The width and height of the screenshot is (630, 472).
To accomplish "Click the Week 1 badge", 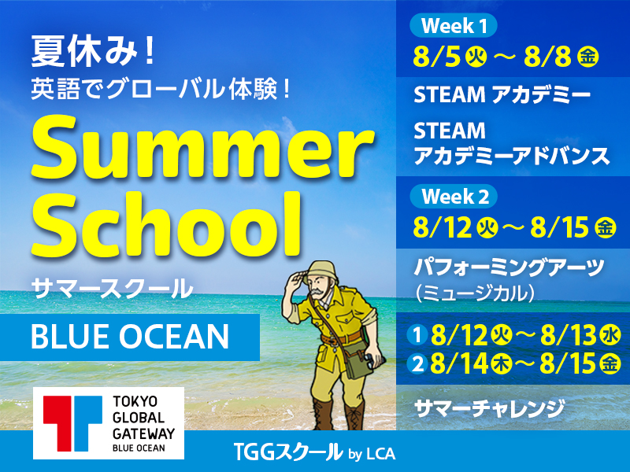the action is pyautogui.click(x=454, y=26).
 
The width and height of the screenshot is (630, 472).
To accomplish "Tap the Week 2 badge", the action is pyautogui.click(x=454, y=197).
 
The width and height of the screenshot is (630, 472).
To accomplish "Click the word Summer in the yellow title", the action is pyautogui.click(x=202, y=148).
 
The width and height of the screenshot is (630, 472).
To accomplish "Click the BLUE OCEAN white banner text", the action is pyautogui.click(x=130, y=337).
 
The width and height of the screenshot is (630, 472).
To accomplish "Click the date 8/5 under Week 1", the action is pyautogui.click(x=436, y=57).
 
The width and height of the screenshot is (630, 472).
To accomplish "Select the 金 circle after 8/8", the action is pyautogui.click(x=587, y=57).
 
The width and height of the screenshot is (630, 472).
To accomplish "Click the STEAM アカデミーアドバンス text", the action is pyautogui.click(x=511, y=144).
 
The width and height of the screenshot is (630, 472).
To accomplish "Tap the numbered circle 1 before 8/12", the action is pyautogui.click(x=417, y=336).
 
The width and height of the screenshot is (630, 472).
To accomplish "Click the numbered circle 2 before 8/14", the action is pyautogui.click(x=417, y=364).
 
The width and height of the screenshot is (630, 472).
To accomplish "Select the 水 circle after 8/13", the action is pyautogui.click(x=611, y=336).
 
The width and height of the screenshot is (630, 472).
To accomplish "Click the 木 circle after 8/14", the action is pyautogui.click(x=501, y=364).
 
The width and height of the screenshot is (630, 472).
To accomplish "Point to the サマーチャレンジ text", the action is pyautogui.click(x=489, y=408).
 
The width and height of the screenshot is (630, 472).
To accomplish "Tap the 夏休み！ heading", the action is pyautogui.click(x=93, y=51).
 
